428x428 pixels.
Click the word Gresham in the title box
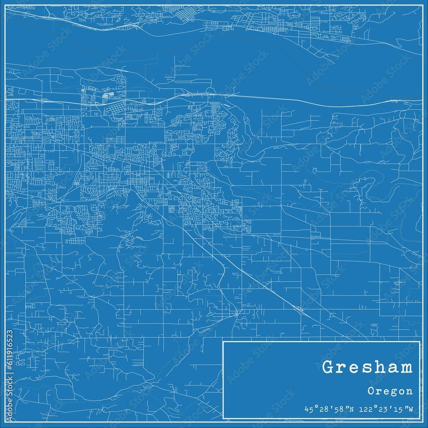pyautogui.click(x=367, y=368)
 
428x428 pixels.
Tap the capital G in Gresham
pyautogui.click(x=329, y=368)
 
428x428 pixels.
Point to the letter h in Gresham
pyautogui.click(x=381, y=367)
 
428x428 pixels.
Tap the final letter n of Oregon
pyautogui.click(x=410, y=391)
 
